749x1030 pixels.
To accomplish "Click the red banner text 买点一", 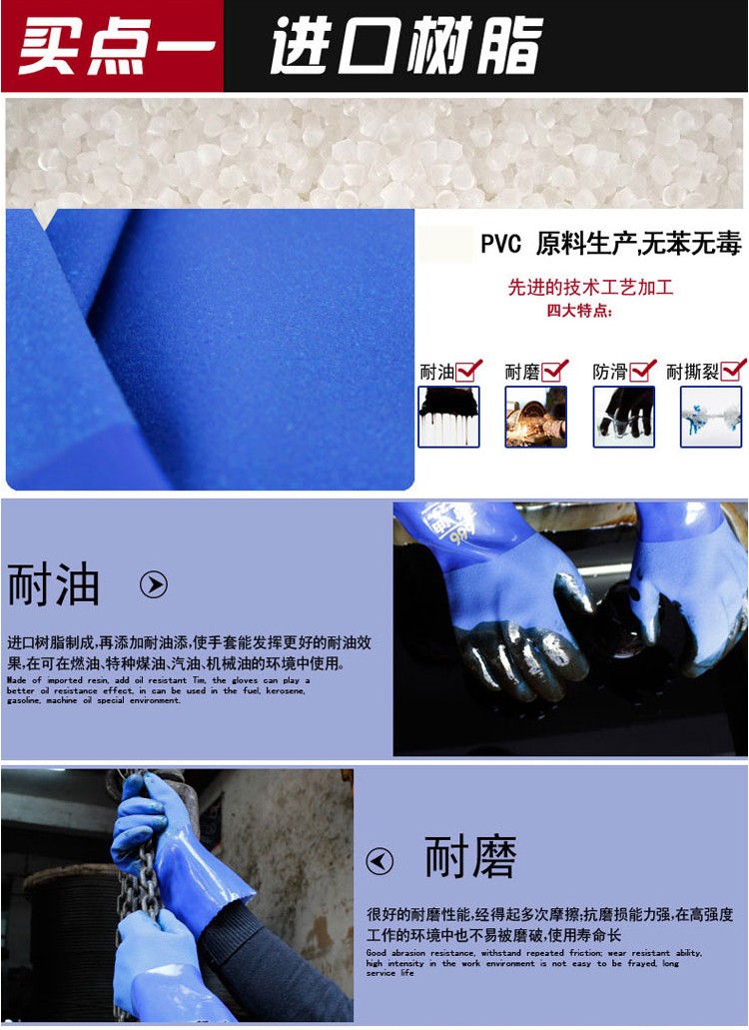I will click(x=115, y=47).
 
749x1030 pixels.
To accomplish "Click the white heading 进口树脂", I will click(x=404, y=47).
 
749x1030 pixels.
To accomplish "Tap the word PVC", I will click(x=500, y=244).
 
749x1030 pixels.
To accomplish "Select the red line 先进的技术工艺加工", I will click(x=590, y=288).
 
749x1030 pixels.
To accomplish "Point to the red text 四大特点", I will click(x=579, y=311).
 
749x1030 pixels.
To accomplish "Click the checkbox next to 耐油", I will click(x=469, y=371).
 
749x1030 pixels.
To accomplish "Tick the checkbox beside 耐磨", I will click(x=555, y=371).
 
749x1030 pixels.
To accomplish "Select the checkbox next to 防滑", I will click(x=643, y=371).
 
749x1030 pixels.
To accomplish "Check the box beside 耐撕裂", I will click(x=733, y=371).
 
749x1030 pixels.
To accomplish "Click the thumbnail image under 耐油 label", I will click(x=448, y=417).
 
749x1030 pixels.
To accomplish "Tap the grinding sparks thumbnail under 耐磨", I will click(x=535, y=417).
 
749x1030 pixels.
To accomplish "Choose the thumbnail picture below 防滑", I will click(x=624, y=417).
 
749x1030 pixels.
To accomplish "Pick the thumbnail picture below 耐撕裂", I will click(x=711, y=417).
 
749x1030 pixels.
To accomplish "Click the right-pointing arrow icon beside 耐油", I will click(x=153, y=584).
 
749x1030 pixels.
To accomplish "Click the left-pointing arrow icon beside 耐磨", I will click(x=379, y=860).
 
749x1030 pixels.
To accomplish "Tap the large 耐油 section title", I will click(x=54, y=584).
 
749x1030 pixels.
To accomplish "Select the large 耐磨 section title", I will click(x=470, y=858).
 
